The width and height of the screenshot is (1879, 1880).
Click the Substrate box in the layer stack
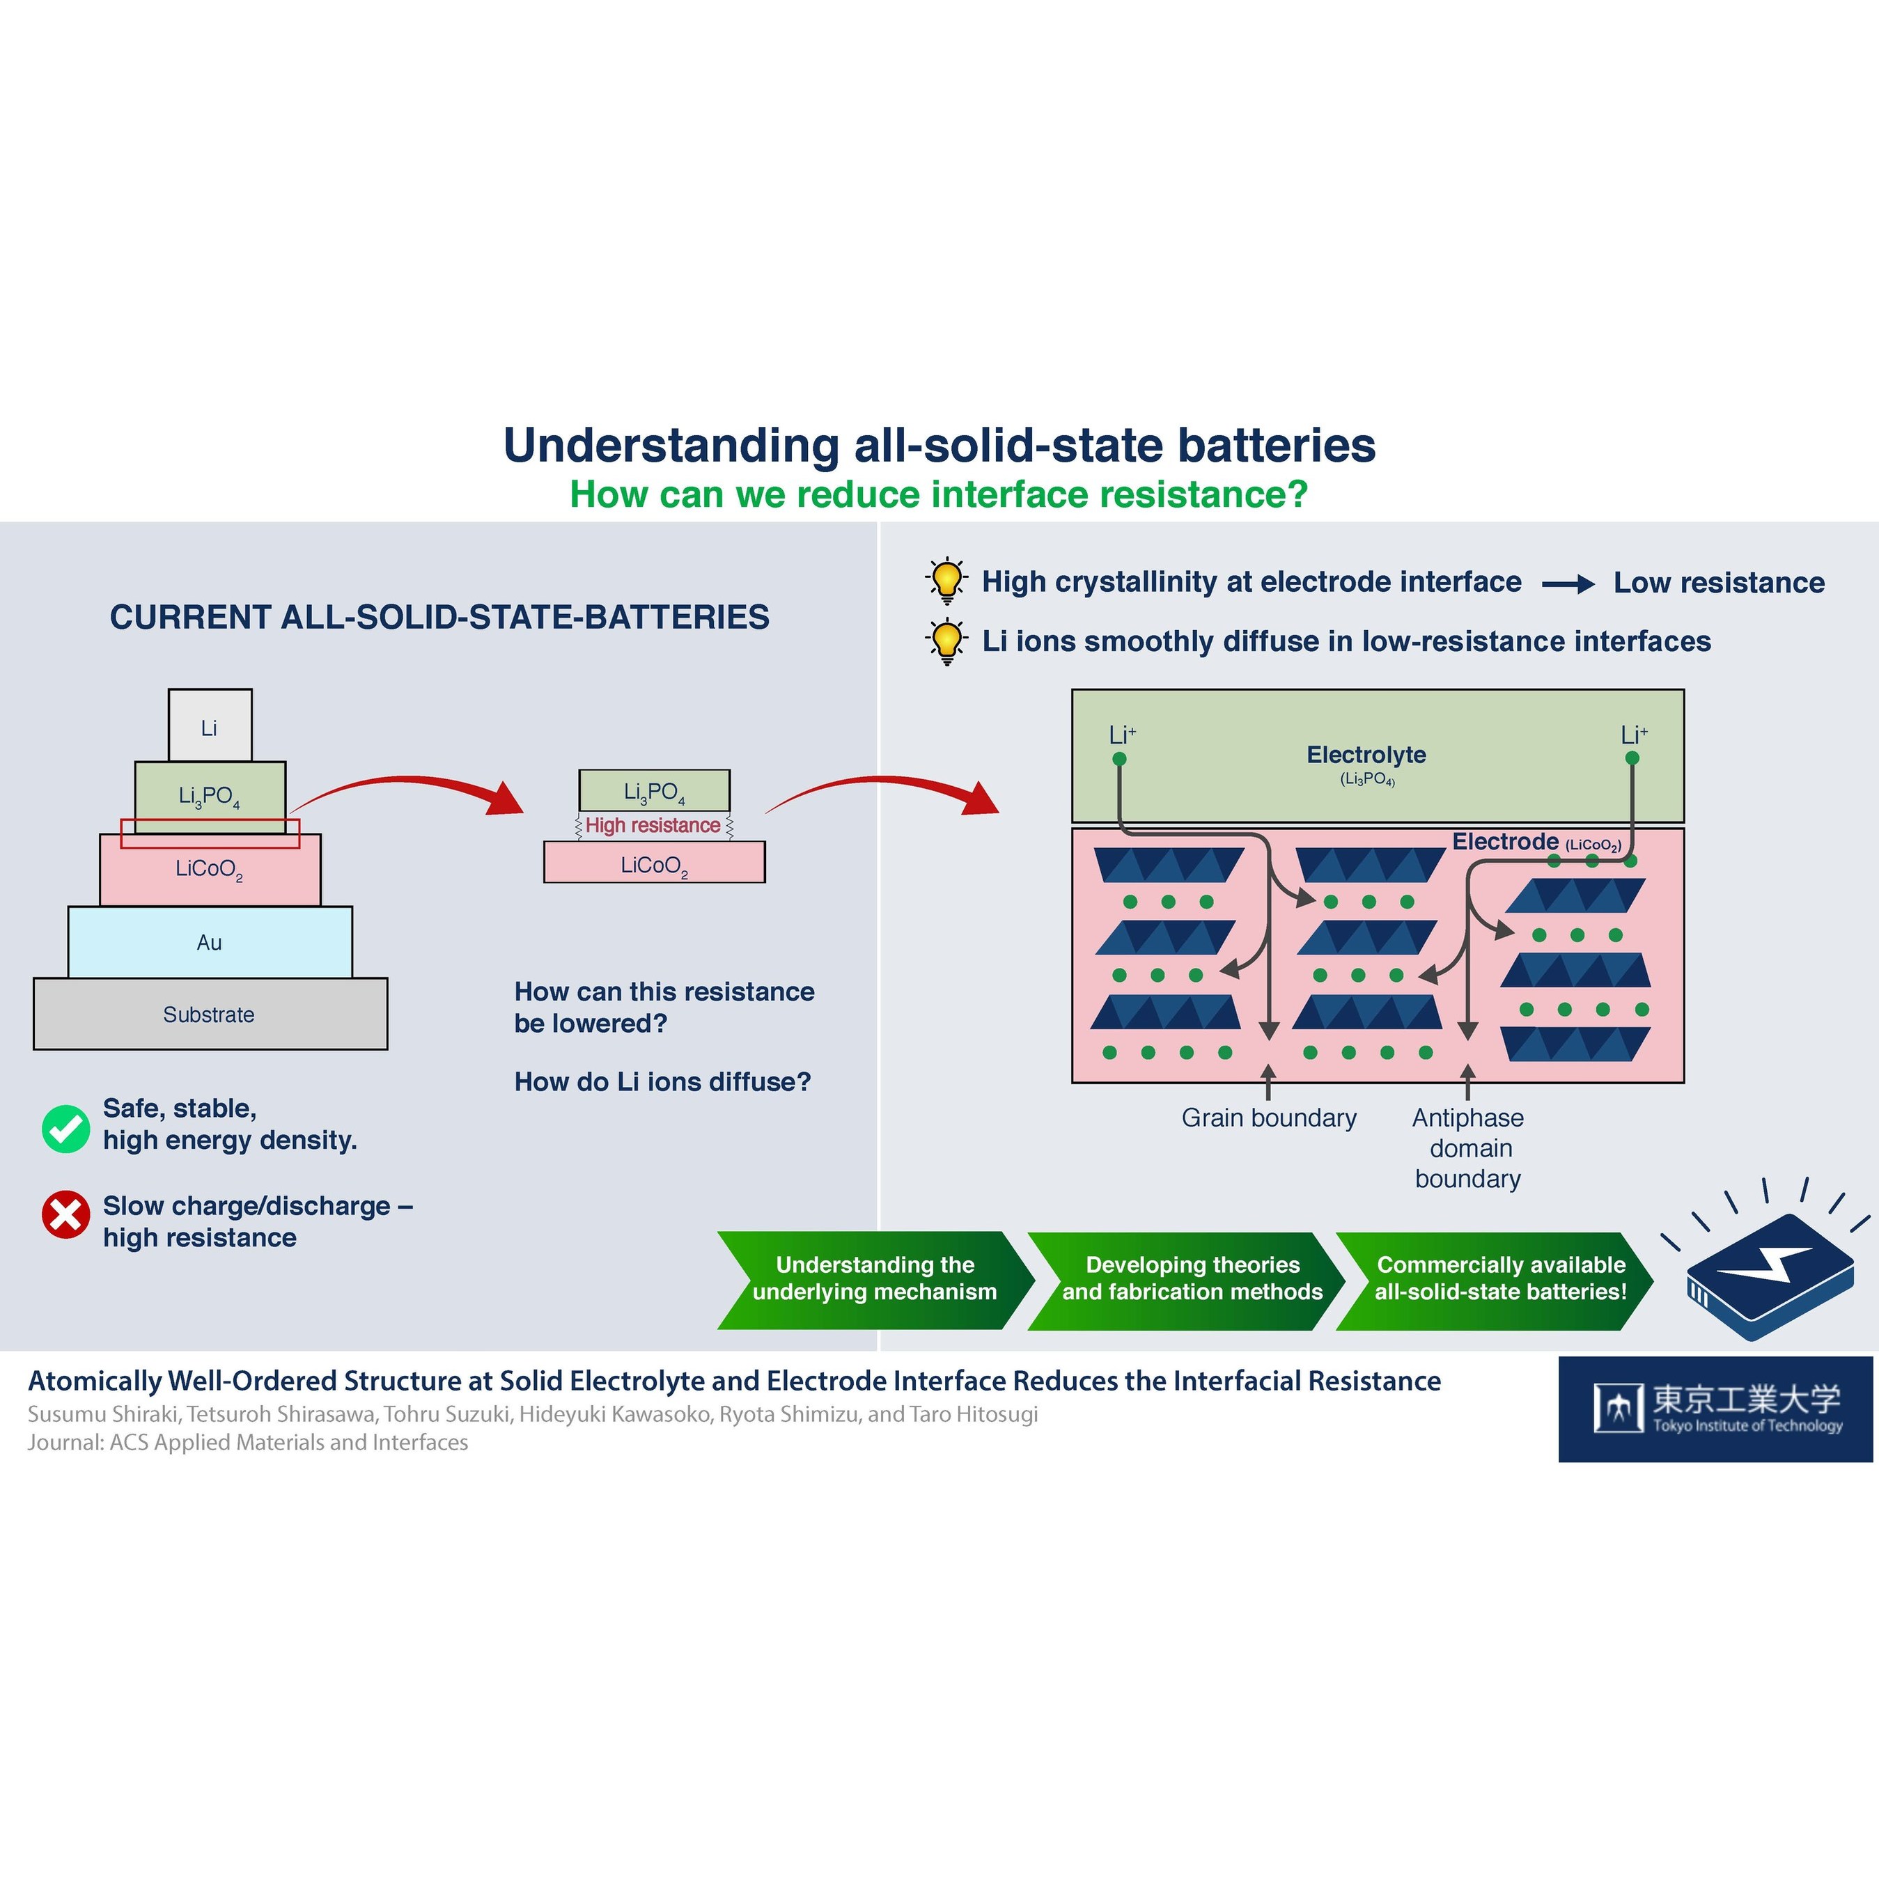[209, 1014]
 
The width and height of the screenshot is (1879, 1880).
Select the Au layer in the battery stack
[209, 942]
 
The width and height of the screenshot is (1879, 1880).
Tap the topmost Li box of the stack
[209, 727]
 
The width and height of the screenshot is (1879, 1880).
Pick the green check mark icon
[66, 1129]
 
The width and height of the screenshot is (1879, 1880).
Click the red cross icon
[66, 1215]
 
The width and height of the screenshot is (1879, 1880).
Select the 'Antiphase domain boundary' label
[1468, 1148]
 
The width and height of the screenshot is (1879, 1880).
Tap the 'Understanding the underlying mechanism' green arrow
[874, 1278]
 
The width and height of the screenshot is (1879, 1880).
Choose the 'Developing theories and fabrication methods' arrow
[1192, 1278]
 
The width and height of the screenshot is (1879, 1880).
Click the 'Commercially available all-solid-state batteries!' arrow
[1500, 1278]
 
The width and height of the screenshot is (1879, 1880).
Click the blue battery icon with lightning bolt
[1767, 1275]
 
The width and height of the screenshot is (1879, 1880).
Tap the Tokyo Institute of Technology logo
[1715, 1409]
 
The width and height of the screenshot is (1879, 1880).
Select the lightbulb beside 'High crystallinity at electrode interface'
[946, 580]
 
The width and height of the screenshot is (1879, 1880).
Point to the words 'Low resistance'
[1718, 583]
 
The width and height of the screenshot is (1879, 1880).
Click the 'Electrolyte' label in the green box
[1366, 755]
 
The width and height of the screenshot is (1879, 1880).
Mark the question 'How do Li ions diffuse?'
[662, 1082]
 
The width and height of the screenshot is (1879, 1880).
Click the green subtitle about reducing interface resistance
[938, 494]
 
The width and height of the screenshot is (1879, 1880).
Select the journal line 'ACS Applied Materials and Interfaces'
[248, 1442]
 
